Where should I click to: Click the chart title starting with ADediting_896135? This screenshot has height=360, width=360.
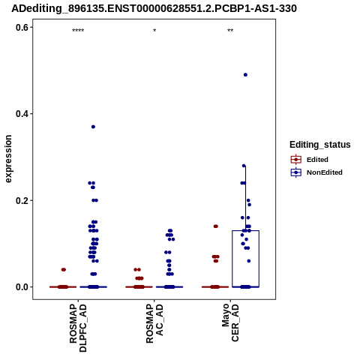tap(154, 8)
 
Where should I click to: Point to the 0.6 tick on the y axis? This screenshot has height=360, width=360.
tap(22, 27)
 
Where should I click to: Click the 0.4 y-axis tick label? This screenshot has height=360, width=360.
tap(22, 114)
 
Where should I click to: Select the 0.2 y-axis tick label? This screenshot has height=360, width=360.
tap(22, 200)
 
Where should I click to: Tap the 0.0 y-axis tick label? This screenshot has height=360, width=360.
tap(22, 287)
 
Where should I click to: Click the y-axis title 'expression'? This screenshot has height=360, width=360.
tap(8, 159)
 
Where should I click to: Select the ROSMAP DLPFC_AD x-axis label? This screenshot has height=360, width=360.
tap(78, 328)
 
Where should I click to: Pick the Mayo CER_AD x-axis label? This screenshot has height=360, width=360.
tap(230, 322)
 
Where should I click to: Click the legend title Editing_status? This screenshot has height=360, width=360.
tap(320, 145)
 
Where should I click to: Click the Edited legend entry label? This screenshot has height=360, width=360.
tap(317, 160)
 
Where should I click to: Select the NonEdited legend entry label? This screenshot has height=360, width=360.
tap(325, 172)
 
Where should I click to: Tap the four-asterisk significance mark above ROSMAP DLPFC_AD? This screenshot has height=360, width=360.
tap(78, 31)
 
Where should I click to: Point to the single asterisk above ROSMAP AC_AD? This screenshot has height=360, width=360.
tap(154, 31)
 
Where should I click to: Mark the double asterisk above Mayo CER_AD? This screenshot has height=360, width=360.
tap(230, 31)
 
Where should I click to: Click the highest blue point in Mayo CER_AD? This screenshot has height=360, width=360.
tap(245, 75)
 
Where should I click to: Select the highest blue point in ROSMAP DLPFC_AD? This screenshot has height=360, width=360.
tap(93, 127)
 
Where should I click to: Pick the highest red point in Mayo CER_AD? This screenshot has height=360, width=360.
tap(216, 226)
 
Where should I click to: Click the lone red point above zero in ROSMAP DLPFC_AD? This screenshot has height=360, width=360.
tap(64, 269)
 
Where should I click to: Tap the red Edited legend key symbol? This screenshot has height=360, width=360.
tap(296, 160)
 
